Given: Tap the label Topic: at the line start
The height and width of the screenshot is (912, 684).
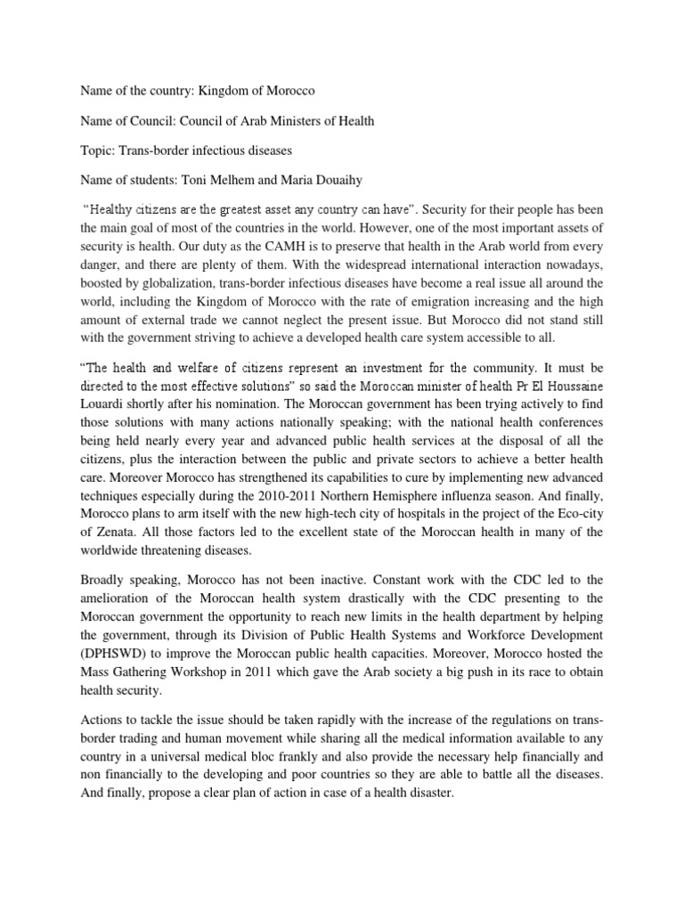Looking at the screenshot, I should point(100,151).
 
